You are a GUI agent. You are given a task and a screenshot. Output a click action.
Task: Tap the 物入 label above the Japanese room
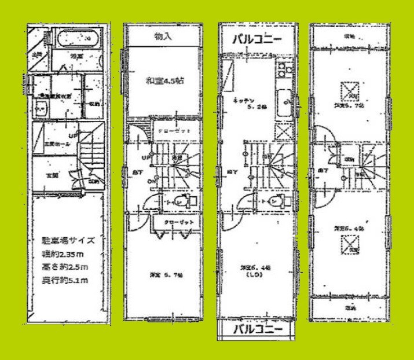click(162, 36)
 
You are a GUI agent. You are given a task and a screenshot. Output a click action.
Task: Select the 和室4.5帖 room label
click(164, 81)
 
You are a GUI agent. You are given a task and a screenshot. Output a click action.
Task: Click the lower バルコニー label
click(258, 329)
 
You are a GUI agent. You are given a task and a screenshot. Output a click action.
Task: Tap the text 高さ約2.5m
click(64, 267)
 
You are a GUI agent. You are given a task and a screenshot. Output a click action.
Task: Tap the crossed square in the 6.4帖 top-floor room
click(348, 246)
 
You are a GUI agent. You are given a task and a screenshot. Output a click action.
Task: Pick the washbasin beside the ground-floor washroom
click(40, 108)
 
